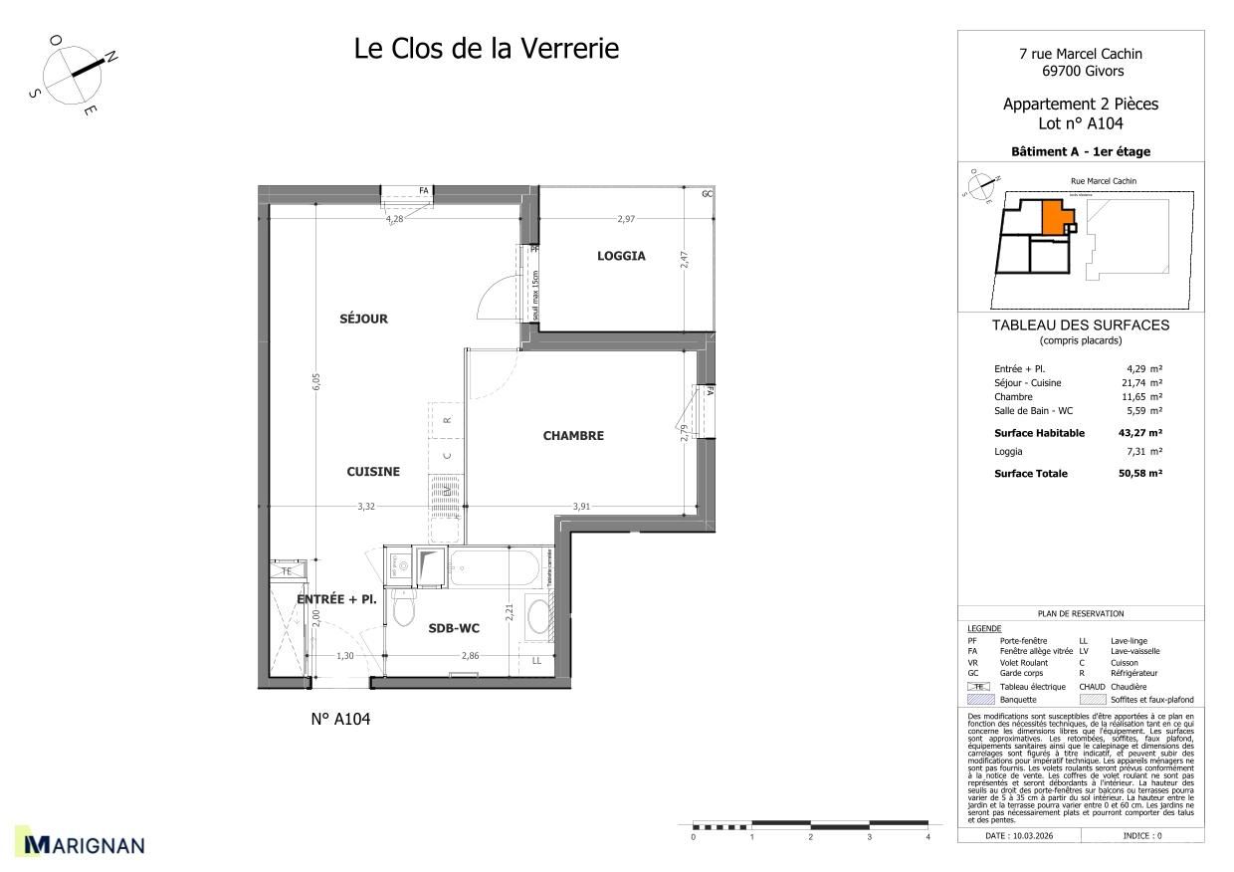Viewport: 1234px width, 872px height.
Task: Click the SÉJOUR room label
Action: pos(363,319)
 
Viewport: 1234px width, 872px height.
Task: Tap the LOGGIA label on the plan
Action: pos(621,256)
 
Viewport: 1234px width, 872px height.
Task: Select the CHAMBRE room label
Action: pos(572,435)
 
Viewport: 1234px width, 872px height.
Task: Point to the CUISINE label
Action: pos(373,472)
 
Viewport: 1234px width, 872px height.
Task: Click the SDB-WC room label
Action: pos(456,628)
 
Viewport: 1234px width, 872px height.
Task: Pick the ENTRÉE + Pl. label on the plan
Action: pos(336,599)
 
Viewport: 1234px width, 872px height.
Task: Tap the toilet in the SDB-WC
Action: pos(403,608)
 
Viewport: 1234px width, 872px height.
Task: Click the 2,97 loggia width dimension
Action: pos(625,218)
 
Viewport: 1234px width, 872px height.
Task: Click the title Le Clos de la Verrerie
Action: pos(486,48)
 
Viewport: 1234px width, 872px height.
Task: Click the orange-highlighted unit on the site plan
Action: pos(1053,216)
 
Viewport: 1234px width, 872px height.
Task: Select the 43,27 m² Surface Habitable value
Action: pos(1139,433)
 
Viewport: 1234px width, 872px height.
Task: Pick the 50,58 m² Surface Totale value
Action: pos(1139,474)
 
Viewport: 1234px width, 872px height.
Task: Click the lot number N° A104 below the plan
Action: pos(340,720)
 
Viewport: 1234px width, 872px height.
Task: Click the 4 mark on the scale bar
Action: pos(927,837)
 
